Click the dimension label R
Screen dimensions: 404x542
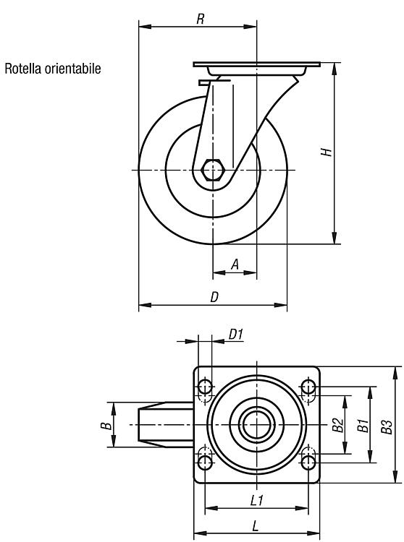click(x=200, y=19)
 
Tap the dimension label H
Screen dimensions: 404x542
click(x=326, y=152)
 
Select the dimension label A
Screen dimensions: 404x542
click(x=235, y=264)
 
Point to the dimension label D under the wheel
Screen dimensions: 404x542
click(x=214, y=297)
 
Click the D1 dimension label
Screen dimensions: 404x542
click(x=236, y=335)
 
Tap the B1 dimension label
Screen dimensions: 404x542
click(x=363, y=426)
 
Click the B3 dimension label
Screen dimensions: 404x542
click(x=387, y=426)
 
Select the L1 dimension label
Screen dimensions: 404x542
click(x=257, y=500)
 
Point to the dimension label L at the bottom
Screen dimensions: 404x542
click(x=255, y=526)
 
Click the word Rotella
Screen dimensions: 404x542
click(x=23, y=69)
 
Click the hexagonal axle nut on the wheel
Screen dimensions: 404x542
click(x=213, y=170)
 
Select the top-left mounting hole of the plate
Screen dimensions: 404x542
click(x=205, y=387)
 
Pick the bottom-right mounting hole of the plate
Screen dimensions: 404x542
click(x=308, y=463)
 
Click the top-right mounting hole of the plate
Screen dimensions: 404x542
click(x=308, y=387)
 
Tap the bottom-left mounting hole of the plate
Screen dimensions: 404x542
click(x=205, y=463)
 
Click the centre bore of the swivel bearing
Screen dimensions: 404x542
click(x=256, y=424)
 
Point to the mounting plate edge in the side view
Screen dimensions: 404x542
click(x=257, y=64)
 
